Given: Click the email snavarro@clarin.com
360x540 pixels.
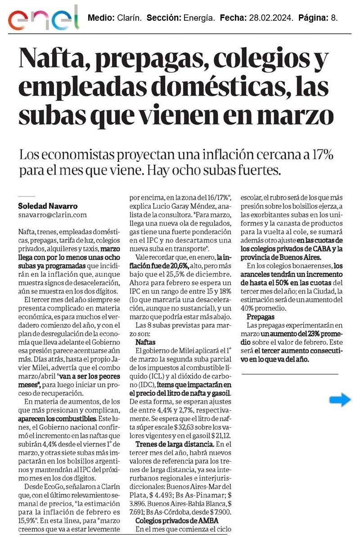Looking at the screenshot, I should (x=52, y=215).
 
